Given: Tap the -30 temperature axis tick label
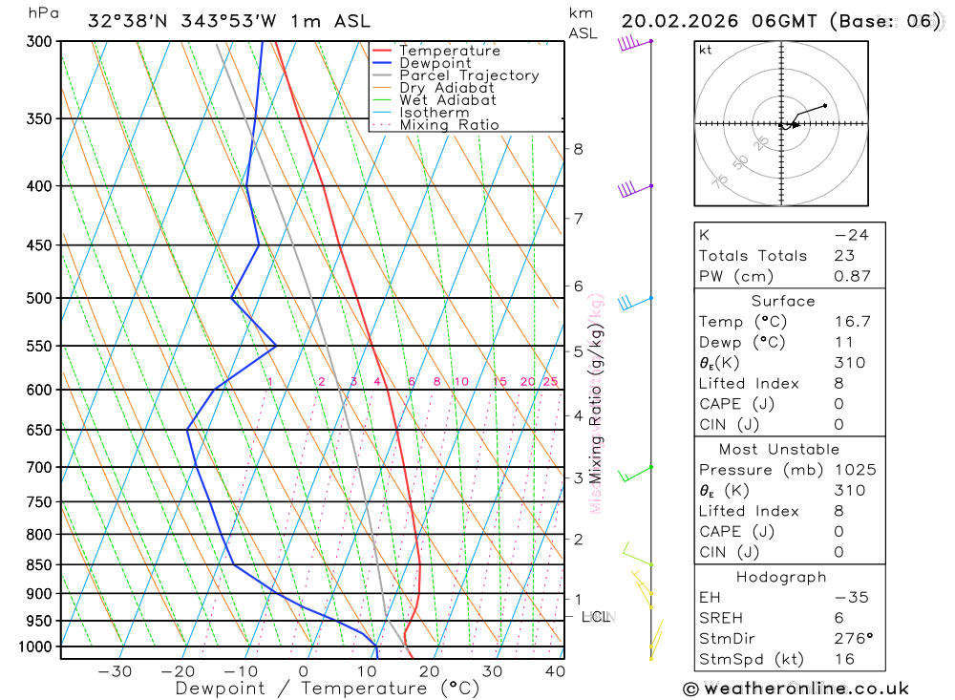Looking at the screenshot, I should coord(115,671).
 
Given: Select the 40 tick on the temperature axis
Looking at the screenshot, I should coord(555,671).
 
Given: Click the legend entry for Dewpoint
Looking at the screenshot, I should coord(435,63).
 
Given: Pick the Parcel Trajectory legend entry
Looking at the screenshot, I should coord(468,75).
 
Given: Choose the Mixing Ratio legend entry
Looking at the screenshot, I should coord(449,125).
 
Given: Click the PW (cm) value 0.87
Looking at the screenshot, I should coord(852,276).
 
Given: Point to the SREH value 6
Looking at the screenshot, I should coord(838,618).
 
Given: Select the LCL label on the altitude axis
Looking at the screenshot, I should coord(596,617).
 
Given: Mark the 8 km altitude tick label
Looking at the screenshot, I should coord(578,149).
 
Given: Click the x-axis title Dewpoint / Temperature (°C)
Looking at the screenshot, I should coord(328,689).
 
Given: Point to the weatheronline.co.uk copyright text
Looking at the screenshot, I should coord(796,689).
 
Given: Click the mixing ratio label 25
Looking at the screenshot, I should coord(550,382).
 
